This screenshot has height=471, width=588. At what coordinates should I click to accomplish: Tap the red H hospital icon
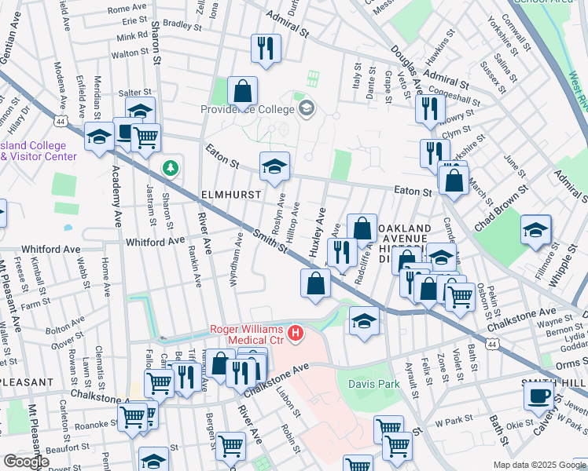(296, 334)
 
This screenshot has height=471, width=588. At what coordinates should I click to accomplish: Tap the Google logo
(26, 462)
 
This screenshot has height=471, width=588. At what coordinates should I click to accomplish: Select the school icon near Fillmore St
(535, 229)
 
